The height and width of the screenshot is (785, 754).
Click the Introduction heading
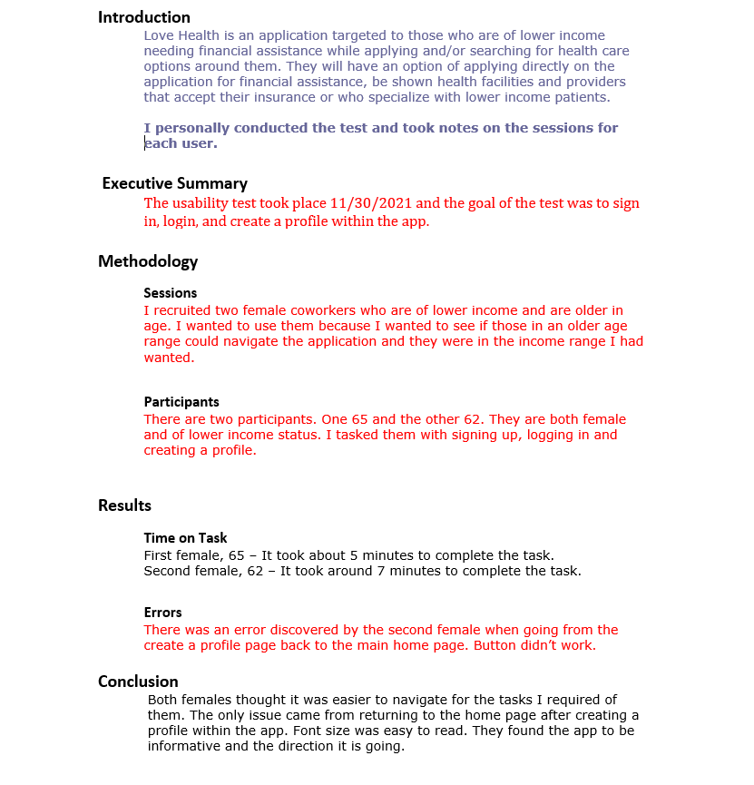(x=144, y=17)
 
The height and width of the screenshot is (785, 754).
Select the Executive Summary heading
(x=175, y=183)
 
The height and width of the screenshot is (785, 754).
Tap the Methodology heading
(x=148, y=261)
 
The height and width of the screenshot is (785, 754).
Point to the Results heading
(x=124, y=505)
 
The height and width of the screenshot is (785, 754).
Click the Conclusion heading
(x=138, y=682)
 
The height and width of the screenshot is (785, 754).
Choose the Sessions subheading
(x=170, y=293)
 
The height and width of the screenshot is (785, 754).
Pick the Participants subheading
(x=181, y=402)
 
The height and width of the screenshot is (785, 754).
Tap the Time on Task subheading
(x=185, y=538)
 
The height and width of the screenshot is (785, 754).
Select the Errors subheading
(x=162, y=613)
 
